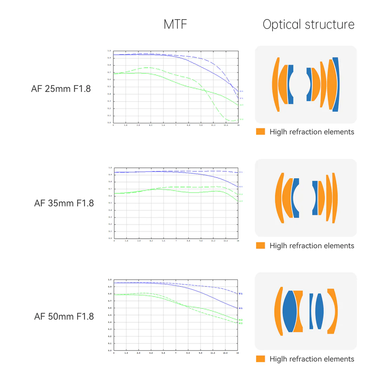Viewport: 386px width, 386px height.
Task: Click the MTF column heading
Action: point(175,25)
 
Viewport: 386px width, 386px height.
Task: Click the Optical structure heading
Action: point(308,25)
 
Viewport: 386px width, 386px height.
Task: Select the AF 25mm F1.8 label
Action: point(61,89)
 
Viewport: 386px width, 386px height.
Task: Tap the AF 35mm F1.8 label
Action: point(64,203)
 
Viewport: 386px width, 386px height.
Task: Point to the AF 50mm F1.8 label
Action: point(64,316)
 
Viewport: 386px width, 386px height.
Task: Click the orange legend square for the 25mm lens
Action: point(260,132)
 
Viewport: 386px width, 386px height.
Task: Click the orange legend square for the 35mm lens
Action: point(260,245)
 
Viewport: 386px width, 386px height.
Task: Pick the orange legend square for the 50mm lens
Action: point(260,359)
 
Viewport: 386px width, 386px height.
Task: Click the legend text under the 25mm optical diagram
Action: point(312,132)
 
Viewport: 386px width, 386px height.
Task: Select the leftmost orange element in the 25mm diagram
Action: point(276,84)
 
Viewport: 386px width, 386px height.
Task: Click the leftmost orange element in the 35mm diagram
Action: point(280,198)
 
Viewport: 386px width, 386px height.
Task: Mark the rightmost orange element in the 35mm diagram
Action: point(334,198)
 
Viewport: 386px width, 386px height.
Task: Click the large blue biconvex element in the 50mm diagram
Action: point(289,311)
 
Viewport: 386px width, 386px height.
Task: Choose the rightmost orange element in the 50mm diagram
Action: point(332,311)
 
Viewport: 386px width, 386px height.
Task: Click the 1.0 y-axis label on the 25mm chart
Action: point(109,51)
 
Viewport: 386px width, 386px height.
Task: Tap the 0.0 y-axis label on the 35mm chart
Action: point(110,239)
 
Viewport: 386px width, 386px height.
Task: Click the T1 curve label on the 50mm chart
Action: point(240,294)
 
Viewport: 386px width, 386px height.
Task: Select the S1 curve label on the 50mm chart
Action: point(240,308)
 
